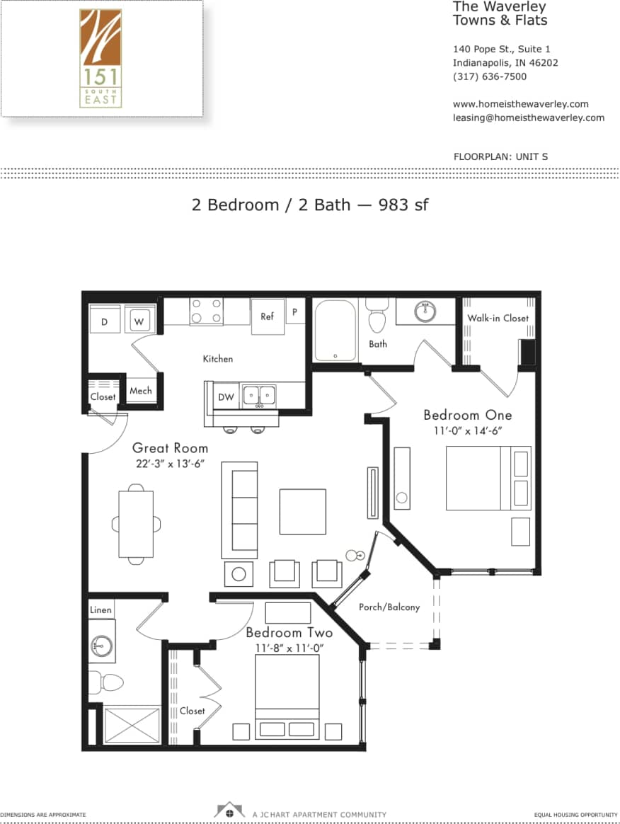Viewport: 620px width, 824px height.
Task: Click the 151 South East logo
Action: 101,58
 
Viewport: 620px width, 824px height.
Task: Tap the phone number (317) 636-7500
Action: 489,76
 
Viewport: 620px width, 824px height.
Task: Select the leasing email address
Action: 528,118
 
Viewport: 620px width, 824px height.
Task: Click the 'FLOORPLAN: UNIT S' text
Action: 500,156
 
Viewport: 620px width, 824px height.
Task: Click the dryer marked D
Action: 104,321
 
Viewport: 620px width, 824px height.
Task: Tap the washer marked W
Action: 139,321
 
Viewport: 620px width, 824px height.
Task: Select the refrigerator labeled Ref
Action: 267,316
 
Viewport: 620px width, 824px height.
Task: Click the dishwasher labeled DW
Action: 226,397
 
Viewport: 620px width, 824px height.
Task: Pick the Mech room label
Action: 140,391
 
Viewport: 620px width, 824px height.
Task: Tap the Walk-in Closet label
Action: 498,318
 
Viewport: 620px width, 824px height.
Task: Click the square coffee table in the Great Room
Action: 302,511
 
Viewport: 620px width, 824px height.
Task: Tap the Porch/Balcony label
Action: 389,607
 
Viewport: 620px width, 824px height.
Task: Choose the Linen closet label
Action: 100,610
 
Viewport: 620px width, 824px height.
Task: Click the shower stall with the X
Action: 132,724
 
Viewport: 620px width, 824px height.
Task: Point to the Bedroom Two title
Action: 289,632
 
